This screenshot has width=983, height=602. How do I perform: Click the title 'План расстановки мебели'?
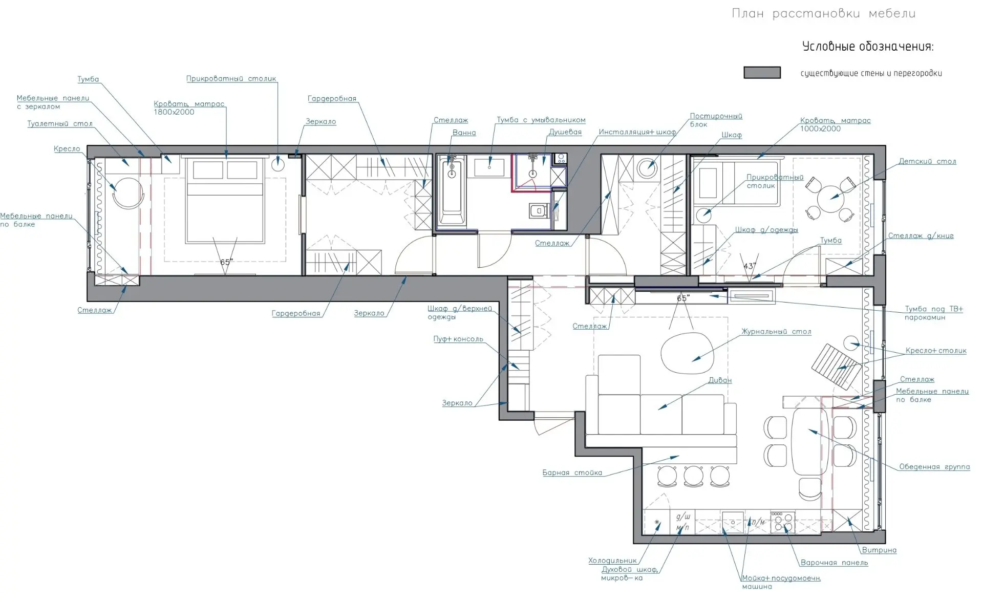pyautogui.click(x=823, y=14)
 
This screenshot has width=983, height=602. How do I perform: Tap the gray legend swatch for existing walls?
pyautogui.click(x=762, y=73)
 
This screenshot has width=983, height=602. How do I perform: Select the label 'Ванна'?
pyautogui.click(x=464, y=133)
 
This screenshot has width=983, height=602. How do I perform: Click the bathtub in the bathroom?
pyautogui.click(x=452, y=190)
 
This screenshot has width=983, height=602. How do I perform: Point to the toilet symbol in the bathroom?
pyautogui.click(x=538, y=210)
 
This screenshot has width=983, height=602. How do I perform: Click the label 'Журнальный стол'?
pyautogui.click(x=776, y=332)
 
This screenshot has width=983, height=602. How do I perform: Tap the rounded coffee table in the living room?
pyautogui.click(x=688, y=353)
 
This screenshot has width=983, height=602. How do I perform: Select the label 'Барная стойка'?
pyautogui.click(x=572, y=472)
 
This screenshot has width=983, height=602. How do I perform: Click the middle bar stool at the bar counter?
pyautogui.click(x=694, y=476)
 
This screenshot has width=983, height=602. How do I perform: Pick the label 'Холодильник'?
pyautogui.click(x=612, y=561)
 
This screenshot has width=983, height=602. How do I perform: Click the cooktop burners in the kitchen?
pyautogui.click(x=783, y=522)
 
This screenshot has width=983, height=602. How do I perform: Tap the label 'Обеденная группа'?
pyautogui.click(x=934, y=467)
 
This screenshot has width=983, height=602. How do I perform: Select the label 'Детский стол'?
pyautogui.click(x=927, y=161)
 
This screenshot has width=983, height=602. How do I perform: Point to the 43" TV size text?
pyautogui.click(x=749, y=266)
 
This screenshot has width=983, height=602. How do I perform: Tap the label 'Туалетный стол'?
pyautogui.click(x=60, y=124)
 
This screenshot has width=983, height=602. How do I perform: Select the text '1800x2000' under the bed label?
pyautogui.click(x=174, y=112)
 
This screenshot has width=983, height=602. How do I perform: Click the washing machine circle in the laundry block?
pyautogui.click(x=647, y=168)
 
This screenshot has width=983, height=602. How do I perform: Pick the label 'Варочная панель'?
pyautogui.click(x=834, y=563)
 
